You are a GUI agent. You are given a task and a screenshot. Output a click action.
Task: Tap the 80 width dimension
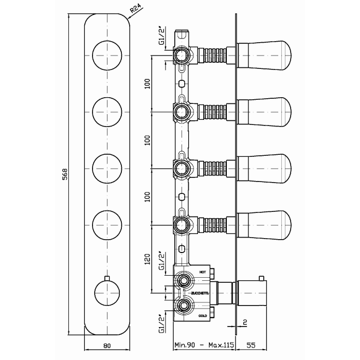[107, 346]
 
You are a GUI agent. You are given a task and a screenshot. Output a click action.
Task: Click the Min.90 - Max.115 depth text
[205, 346]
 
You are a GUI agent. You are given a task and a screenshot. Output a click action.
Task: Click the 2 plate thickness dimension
[246, 322]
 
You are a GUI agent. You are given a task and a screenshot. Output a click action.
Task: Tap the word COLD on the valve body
[202, 315]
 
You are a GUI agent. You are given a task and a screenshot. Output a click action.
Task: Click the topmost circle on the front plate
[107, 53]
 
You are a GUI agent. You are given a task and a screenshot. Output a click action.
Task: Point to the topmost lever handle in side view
[264, 53]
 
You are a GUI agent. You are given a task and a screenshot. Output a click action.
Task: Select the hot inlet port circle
[182, 281]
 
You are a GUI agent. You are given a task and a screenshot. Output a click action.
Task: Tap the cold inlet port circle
[182, 307]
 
